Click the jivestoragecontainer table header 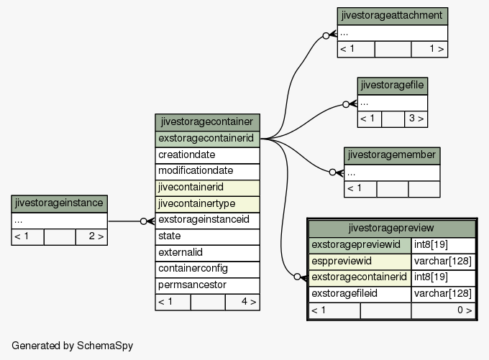[207, 122]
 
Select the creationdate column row [207, 155]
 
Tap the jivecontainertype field [207, 204]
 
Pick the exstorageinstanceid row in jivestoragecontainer [207, 220]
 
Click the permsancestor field [207, 285]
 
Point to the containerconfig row [207, 269]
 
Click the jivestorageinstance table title [59, 203]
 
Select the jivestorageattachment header [393, 16]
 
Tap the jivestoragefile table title [393, 86]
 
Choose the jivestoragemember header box [392, 155]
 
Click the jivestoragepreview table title [392, 229]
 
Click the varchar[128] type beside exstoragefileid [443, 294]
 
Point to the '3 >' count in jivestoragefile [416, 119]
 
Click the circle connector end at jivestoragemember [332, 172]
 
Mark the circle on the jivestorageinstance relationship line [143, 221]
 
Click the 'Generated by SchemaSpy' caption [73, 346]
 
